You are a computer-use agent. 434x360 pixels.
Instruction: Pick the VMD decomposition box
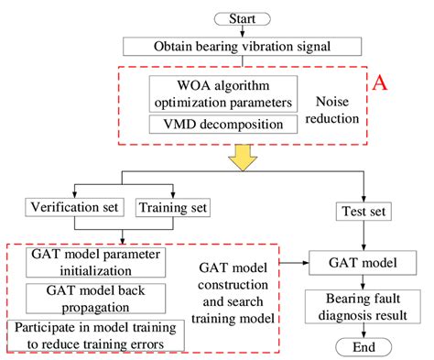[x=223, y=125]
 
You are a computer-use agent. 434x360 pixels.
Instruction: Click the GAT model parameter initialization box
[x=86, y=263]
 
